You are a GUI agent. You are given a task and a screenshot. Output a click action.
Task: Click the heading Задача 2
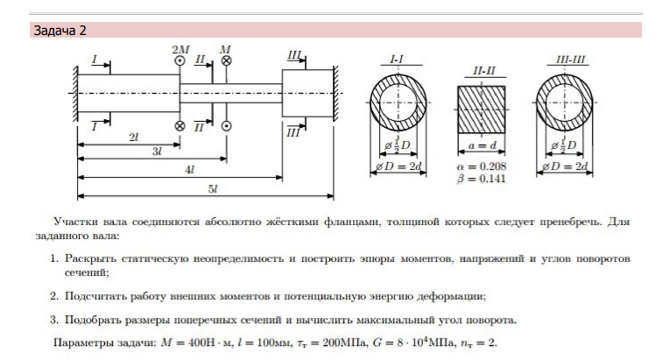(60, 31)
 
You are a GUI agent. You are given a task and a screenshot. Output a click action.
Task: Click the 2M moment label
(180, 50)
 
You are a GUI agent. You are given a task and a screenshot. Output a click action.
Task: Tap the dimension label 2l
(133, 138)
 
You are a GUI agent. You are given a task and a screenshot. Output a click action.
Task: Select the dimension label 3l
(157, 152)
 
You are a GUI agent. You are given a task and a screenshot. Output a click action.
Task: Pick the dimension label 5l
(211, 188)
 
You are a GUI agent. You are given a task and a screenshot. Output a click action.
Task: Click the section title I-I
(397, 60)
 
